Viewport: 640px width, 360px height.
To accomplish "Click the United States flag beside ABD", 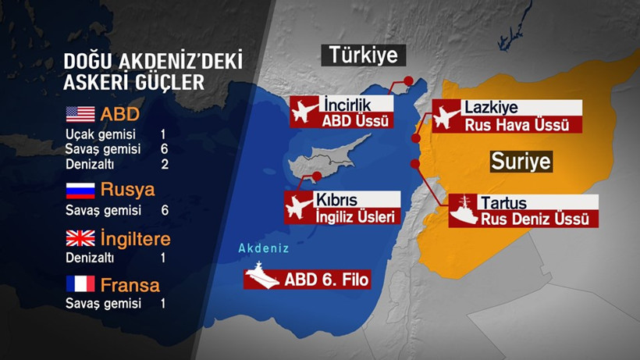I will coord(80,114).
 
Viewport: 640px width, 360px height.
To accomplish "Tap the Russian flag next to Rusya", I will coord(80,190).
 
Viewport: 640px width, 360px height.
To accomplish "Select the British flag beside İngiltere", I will coord(80,237).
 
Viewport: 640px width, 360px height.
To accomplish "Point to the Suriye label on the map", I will coord(521,162).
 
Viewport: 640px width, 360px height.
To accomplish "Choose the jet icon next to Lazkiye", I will coord(445,116).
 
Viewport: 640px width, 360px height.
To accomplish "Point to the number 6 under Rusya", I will coord(164,210).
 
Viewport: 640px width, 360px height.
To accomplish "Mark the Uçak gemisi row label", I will coord(94,134).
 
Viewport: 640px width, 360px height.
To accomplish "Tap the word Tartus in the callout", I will coord(503,203).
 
